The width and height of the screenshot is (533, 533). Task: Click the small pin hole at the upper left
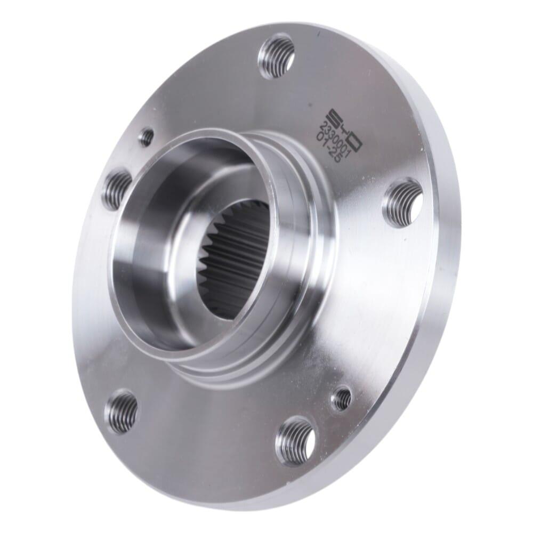pos(147,136)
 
